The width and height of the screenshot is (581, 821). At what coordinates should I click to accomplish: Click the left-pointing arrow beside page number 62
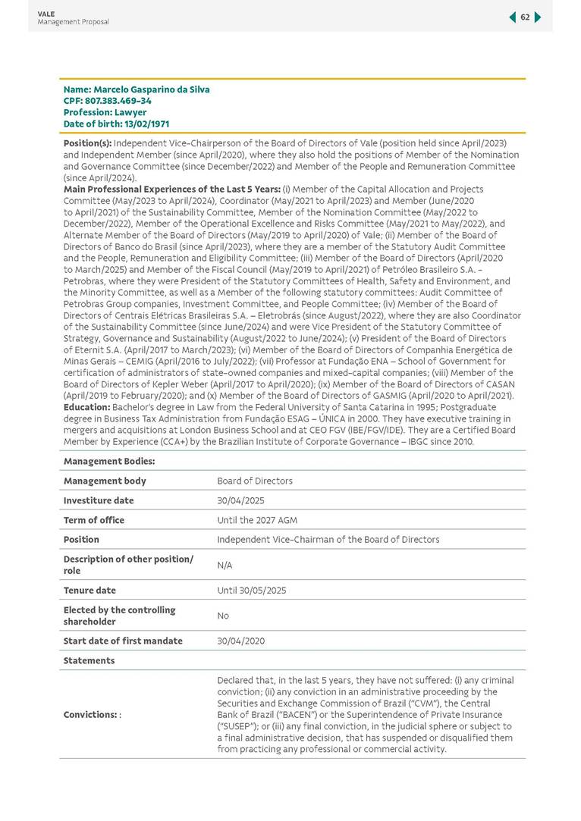pos(513,17)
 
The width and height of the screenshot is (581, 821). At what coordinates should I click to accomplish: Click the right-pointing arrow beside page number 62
pos(538,17)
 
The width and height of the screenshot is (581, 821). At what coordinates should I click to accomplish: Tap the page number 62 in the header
pos(525,17)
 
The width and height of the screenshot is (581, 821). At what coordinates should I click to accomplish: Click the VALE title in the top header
pos(46,14)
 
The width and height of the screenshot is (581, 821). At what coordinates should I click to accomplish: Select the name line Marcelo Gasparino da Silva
pos(137,89)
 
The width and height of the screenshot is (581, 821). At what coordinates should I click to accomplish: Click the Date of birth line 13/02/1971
pos(116,124)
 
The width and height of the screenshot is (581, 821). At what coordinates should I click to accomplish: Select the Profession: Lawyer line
pos(105,112)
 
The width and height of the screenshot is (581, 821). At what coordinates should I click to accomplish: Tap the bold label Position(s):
pos(87,143)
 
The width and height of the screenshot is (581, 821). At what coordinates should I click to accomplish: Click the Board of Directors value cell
pos(254,481)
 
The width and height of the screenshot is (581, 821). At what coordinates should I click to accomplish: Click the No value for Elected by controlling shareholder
pos(223,616)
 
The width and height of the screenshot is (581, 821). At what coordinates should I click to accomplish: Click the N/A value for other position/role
pos(225,565)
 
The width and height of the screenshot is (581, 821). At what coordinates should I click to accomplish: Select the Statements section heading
pos(89,660)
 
